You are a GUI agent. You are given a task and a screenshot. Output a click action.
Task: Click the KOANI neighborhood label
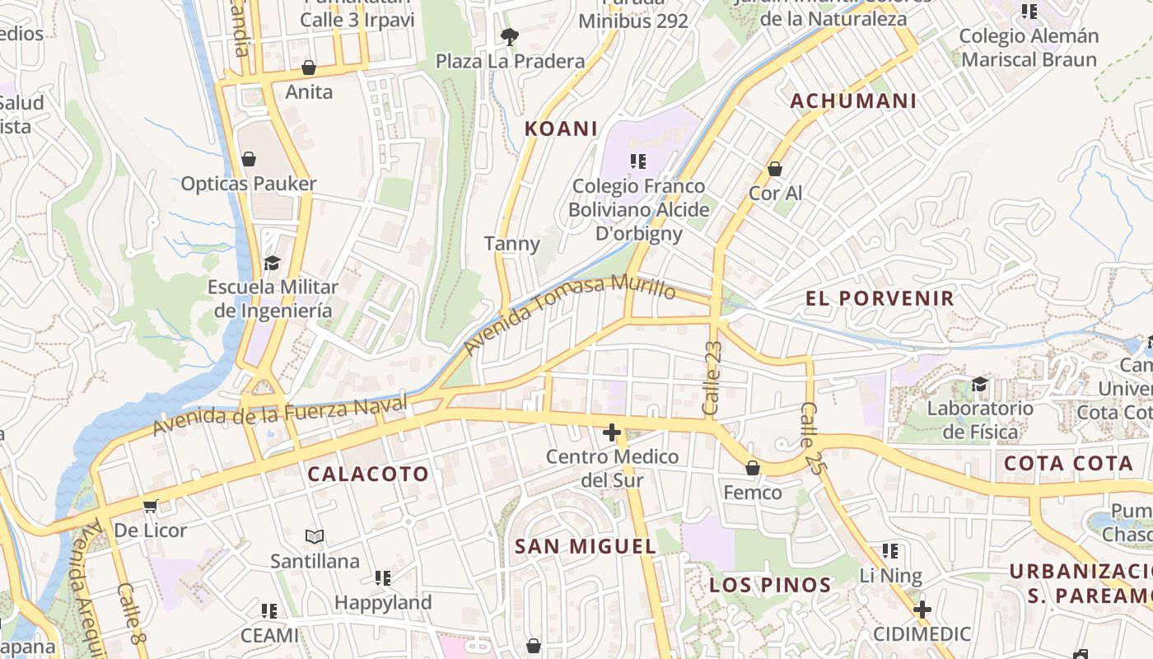pyautogui.click(x=561, y=129)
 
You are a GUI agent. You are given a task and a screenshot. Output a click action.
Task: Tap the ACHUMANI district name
pyautogui.click(x=853, y=101)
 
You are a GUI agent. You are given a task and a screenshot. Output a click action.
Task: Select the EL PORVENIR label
pyautogui.click(x=880, y=298)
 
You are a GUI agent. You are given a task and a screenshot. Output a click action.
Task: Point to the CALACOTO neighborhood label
pyautogui.click(x=368, y=474)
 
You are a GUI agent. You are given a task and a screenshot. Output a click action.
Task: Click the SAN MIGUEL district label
pyautogui.click(x=586, y=546)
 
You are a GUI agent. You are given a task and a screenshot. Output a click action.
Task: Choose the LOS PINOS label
pyautogui.click(x=770, y=586)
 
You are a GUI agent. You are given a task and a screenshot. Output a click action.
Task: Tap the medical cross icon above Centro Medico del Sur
pyautogui.click(x=611, y=432)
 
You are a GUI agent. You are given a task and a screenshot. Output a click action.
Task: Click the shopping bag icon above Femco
pyautogui.click(x=752, y=468)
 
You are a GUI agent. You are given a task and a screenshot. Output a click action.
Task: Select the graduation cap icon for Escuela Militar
pyautogui.click(x=272, y=263)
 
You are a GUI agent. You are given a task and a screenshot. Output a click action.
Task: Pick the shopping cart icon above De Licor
pyautogui.click(x=150, y=506)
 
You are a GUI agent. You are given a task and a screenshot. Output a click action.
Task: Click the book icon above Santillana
pyautogui.click(x=315, y=537)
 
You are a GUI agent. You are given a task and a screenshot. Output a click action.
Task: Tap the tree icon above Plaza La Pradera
pyautogui.click(x=510, y=36)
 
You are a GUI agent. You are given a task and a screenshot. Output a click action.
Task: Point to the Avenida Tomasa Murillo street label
pyautogui.click(x=569, y=313)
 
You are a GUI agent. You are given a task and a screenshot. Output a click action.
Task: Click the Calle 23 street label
pyautogui.click(x=713, y=377)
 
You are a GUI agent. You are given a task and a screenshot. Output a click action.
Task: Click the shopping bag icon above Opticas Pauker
pyautogui.click(x=249, y=158)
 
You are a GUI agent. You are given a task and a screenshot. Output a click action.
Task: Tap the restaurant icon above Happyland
pyautogui.click(x=383, y=577)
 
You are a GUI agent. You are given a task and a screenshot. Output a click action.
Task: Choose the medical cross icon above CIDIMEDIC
pyautogui.click(x=922, y=610)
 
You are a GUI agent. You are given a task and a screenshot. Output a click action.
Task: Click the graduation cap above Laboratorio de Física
pyautogui.click(x=979, y=384)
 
